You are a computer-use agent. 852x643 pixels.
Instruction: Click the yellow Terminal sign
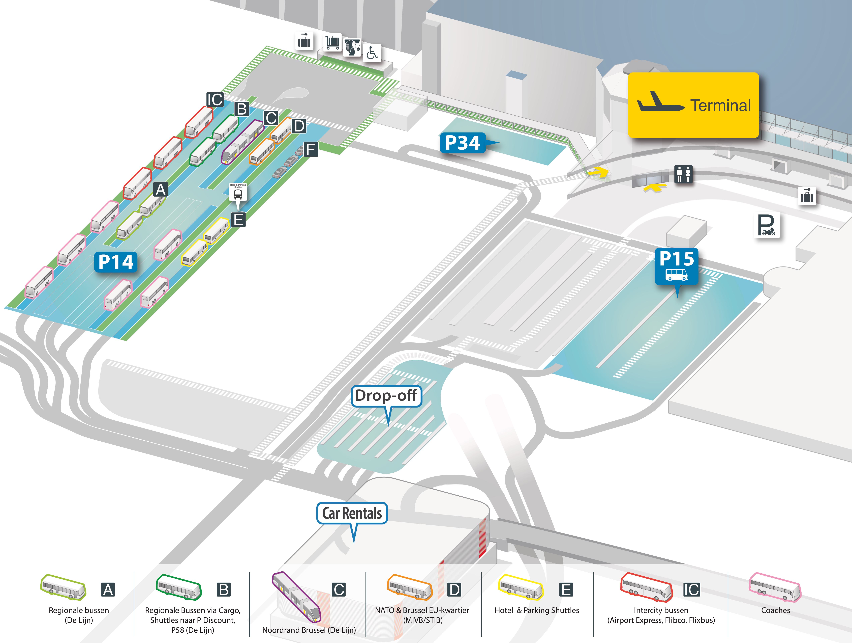click(693, 105)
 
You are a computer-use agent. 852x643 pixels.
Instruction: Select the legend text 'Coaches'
click(775, 610)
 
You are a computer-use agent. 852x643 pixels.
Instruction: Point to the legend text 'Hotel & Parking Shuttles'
click(537, 610)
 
